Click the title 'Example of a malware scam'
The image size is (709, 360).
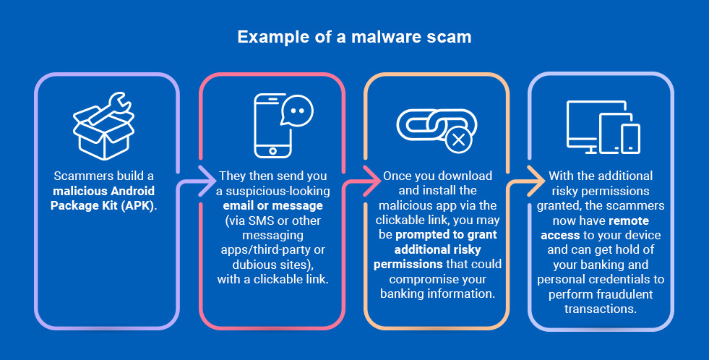click(x=354, y=37)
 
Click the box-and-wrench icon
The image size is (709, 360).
click(x=103, y=127)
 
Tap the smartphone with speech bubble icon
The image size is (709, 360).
click(x=283, y=126)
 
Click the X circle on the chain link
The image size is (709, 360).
click(x=458, y=140)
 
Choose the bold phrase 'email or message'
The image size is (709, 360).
click(x=272, y=206)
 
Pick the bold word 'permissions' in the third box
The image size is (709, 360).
click(x=408, y=264)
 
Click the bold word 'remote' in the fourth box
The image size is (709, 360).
click(x=629, y=220)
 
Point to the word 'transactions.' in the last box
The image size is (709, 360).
click(x=601, y=309)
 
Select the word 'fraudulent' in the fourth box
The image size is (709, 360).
click(x=625, y=294)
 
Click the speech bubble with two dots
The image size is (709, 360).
click(x=297, y=110)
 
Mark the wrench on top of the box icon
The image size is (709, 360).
click(x=111, y=108)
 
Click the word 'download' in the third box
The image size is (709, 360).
click(x=465, y=176)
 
